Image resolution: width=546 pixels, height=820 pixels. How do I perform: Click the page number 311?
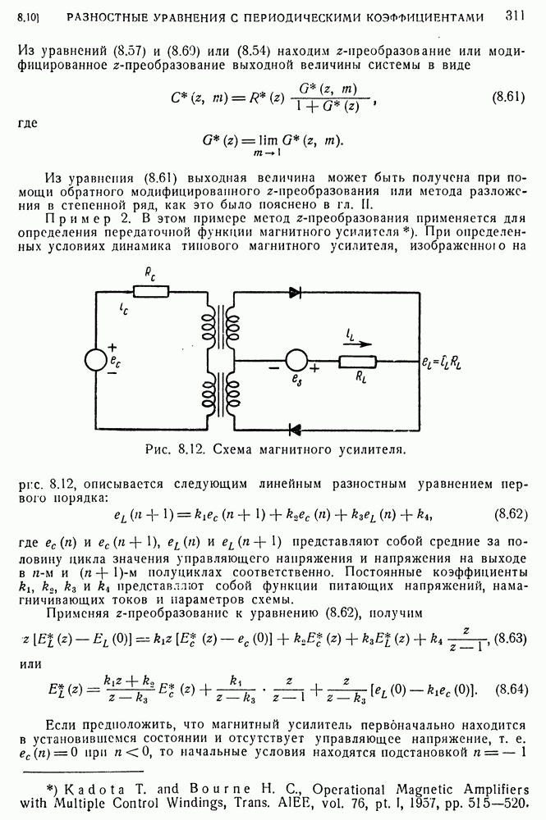pyautogui.click(x=516, y=15)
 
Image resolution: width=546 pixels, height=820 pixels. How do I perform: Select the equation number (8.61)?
pyautogui.click(x=508, y=98)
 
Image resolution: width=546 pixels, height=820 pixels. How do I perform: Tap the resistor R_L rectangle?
pyautogui.click(x=357, y=361)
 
